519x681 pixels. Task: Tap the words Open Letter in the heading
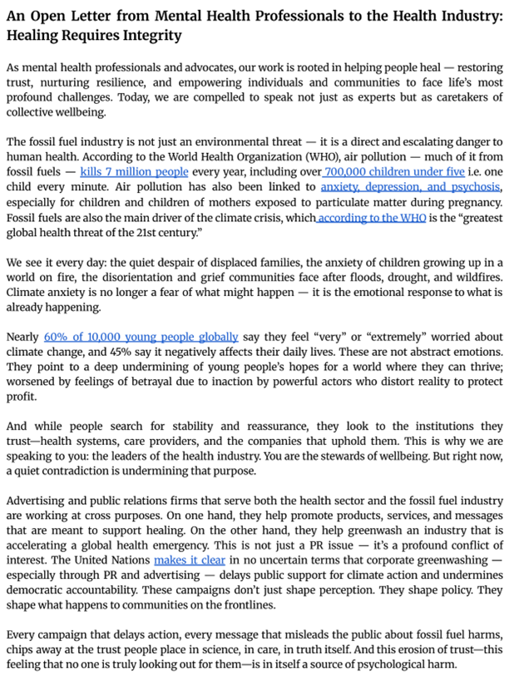pyautogui.click(x=68, y=16)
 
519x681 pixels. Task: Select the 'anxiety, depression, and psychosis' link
pyautogui.click(x=410, y=187)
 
